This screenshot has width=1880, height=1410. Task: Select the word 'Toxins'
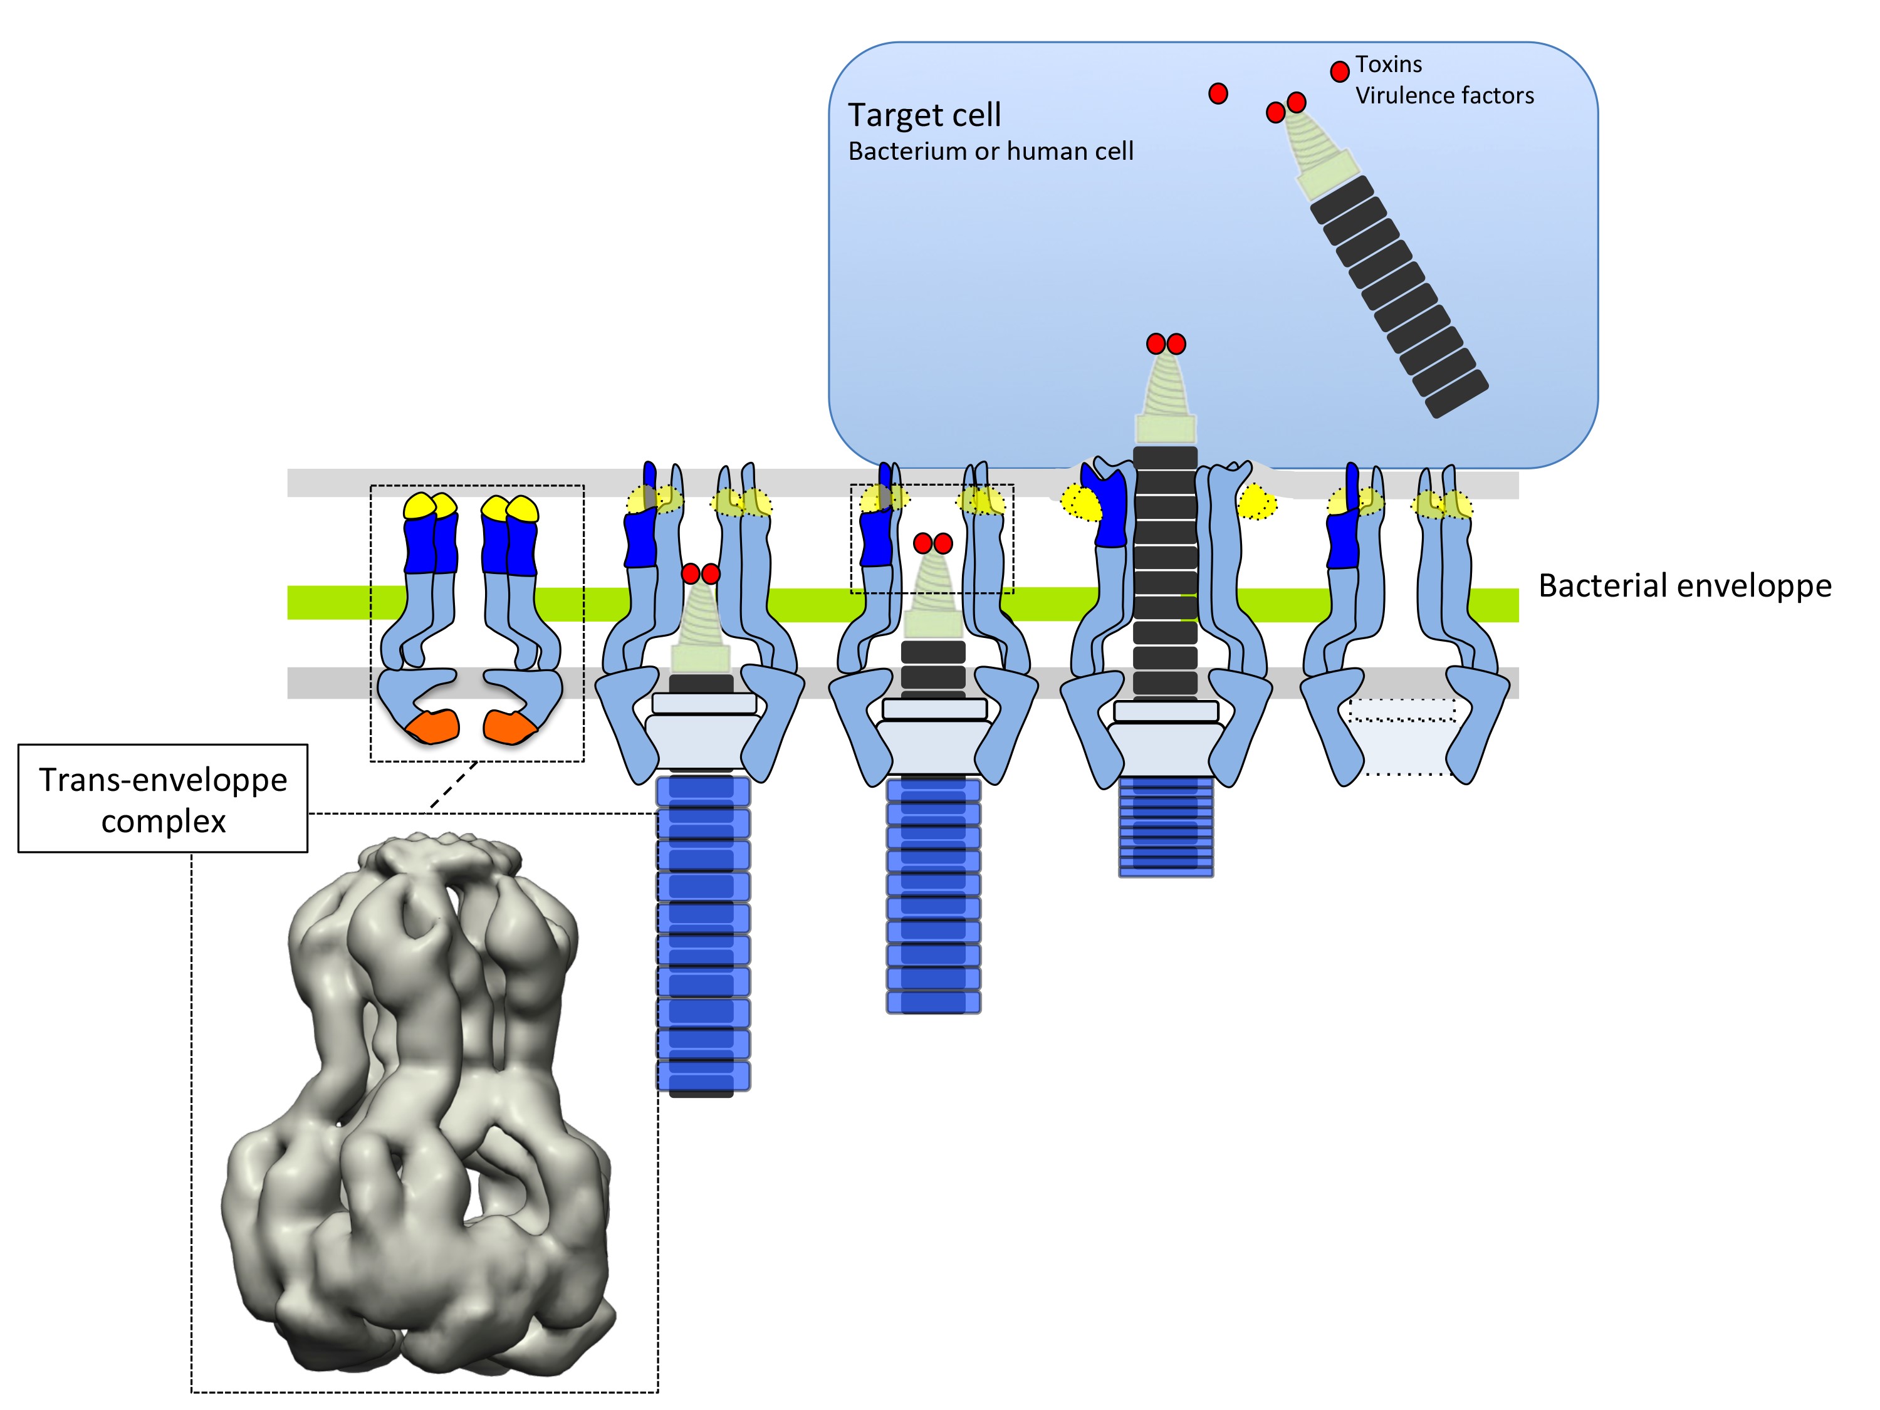(x=1388, y=65)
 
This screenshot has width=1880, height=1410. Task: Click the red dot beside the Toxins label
(x=1339, y=71)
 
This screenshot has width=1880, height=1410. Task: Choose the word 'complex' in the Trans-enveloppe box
(x=163, y=822)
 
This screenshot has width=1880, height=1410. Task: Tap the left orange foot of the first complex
(x=434, y=727)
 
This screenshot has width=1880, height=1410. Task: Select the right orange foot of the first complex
(x=510, y=728)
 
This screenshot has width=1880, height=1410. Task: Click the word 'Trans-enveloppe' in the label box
(x=163, y=780)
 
